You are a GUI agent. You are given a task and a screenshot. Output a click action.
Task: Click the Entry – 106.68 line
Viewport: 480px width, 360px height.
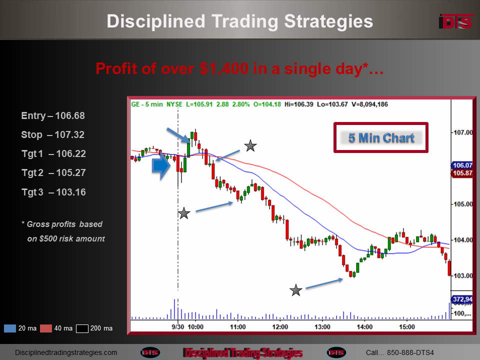[53, 115]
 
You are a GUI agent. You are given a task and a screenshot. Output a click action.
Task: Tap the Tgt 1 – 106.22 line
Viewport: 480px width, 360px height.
[53, 153]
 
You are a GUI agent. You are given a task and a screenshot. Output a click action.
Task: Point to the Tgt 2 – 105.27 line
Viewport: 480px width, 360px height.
[53, 172]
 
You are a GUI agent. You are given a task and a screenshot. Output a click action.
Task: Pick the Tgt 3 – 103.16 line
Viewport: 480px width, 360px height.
[53, 192]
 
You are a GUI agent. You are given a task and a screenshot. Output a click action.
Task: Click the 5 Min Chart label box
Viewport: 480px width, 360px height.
[381, 138]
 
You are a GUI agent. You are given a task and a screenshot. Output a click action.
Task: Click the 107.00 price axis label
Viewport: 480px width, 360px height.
[463, 132]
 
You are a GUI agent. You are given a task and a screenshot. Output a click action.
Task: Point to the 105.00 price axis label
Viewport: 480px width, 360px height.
[463, 204]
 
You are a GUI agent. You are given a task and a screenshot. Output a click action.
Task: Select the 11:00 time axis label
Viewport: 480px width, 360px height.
[238, 327]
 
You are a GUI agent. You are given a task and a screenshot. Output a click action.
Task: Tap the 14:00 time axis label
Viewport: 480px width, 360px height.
[364, 327]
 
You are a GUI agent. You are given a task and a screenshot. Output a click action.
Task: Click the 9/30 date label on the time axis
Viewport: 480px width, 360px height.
[178, 327]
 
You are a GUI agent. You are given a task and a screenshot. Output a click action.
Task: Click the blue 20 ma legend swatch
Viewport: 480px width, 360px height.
[10, 328]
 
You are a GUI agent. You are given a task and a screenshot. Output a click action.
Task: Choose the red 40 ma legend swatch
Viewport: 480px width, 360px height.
[46, 328]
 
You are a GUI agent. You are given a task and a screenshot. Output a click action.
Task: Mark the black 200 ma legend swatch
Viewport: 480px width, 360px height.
[82, 328]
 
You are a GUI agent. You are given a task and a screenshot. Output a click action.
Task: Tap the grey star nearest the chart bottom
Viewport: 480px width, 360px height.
[296, 290]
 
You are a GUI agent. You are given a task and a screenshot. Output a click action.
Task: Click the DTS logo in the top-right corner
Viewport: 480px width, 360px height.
[456, 21]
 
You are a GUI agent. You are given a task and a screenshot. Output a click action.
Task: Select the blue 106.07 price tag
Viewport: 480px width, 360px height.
[462, 165]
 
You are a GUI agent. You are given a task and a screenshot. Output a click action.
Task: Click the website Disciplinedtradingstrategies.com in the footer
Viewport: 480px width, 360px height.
[66, 352]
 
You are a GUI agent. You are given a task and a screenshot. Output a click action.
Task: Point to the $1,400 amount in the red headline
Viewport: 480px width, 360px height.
[224, 68]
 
